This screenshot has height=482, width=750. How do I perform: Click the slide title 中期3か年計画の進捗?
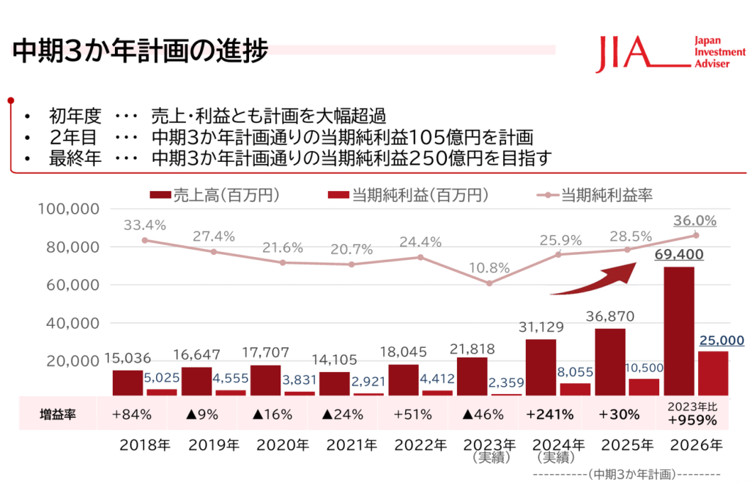(139, 53)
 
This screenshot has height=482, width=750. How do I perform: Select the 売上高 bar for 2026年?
(678, 330)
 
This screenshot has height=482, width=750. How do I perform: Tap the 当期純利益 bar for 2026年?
(713, 373)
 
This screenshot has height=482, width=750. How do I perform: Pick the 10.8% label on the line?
(489, 267)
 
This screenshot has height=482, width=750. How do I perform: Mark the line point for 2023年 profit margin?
(489, 283)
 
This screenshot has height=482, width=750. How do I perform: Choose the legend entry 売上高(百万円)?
(216, 195)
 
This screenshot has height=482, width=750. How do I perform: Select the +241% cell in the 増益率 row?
(549, 414)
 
